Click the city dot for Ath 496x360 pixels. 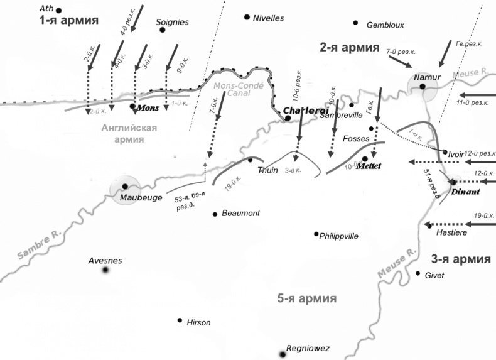[59, 10]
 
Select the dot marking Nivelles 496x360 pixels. [247, 17]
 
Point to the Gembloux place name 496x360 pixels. [385, 25]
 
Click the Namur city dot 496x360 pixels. [423, 86]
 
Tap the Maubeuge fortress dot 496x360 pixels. [125, 187]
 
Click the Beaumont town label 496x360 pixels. [240, 214]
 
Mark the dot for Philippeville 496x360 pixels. [316, 234]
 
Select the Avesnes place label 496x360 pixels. [105, 260]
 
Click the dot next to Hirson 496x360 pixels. [180, 320]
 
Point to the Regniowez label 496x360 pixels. [308, 348]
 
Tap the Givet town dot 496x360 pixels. [418, 273]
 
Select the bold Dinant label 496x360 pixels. [465, 192]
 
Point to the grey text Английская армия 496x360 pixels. [129, 133]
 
